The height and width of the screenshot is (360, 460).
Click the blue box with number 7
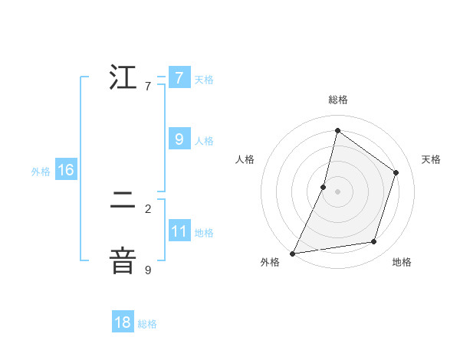[x=179, y=78]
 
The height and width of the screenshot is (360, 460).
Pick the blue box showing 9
[x=179, y=139]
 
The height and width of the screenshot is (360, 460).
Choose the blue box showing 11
[x=179, y=231]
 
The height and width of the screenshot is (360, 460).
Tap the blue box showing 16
[x=66, y=170]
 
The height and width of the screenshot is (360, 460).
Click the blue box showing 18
[x=123, y=322]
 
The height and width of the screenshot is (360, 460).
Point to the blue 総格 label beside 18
[x=147, y=324]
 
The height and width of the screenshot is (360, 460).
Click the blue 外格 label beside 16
[x=41, y=172]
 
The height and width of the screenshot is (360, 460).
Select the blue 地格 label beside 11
[x=204, y=232]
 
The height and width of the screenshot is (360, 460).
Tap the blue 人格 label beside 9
[x=204, y=141]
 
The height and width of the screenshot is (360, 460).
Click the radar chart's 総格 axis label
[x=337, y=100]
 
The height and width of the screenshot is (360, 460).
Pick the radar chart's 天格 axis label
[x=431, y=159]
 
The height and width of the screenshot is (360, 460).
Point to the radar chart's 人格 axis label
[x=245, y=159]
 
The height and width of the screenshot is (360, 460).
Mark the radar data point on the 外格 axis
[x=292, y=253]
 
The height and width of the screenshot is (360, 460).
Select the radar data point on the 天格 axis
[x=396, y=172]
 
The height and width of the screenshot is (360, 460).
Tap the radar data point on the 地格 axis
[x=374, y=242]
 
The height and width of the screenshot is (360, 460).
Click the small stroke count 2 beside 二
[x=148, y=208]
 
